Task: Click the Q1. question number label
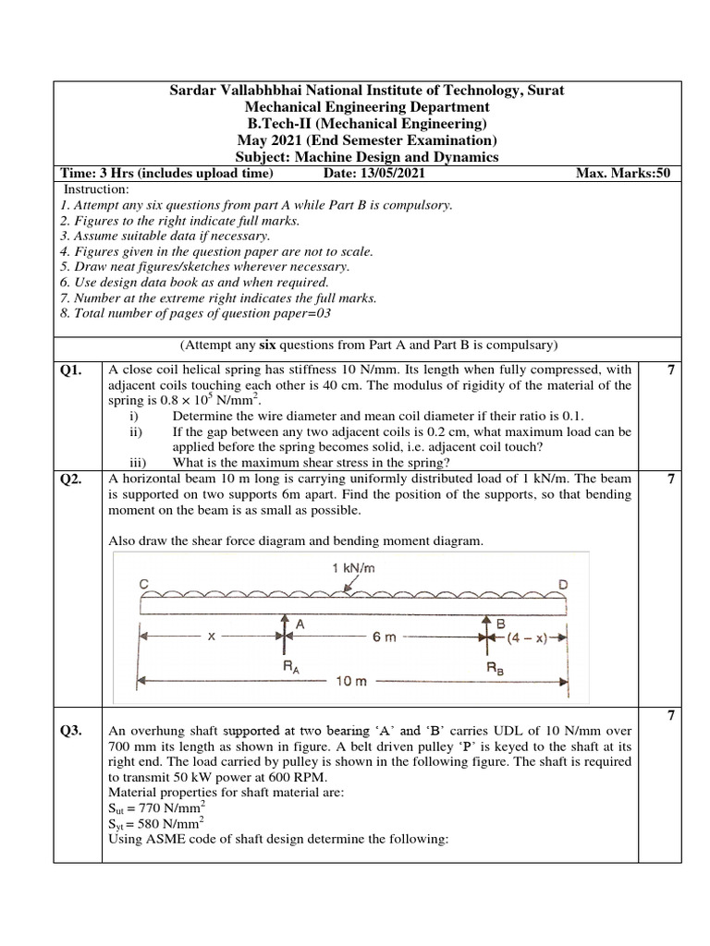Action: click(x=71, y=370)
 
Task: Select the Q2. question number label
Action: click(x=71, y=479)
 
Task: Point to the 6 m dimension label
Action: click(x=386, y=637)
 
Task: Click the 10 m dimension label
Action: click(x=353, y=681)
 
